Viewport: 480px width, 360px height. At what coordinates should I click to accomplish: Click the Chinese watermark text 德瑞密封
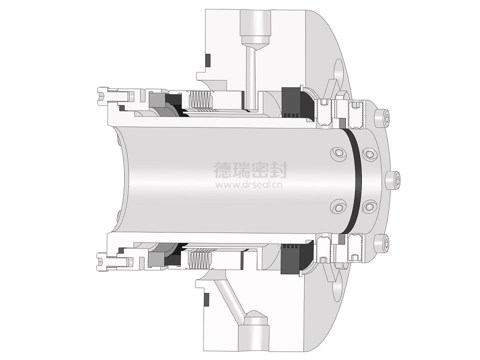tap(250, 170)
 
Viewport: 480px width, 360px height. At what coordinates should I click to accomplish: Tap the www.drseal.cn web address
tap(249, 185)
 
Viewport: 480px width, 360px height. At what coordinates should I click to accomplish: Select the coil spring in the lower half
tap(201, 259)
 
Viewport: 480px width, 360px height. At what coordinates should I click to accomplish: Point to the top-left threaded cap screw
tap(115, 95)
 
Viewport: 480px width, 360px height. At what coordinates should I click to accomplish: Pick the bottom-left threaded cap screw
tap(115, 261)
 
